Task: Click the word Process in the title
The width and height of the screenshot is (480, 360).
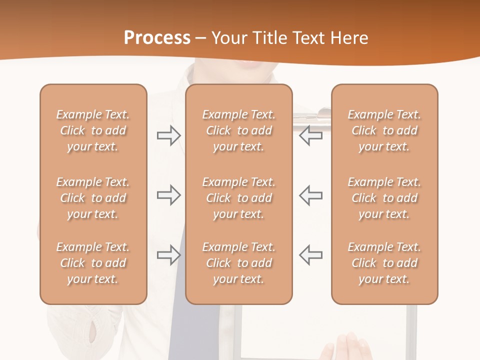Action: (x=157, y=38)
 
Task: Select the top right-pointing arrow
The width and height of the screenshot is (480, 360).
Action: (x=168, y=135)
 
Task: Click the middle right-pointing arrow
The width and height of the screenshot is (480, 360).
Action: (x=168, y=195)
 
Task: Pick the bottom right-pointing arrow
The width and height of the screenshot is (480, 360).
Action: (x=168, y=254)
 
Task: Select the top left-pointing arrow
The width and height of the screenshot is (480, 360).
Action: (x=311, y=135)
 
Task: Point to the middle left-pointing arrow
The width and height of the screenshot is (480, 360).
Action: (x=311, y=195)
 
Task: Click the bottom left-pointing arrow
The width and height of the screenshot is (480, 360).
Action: (x=311, y=254)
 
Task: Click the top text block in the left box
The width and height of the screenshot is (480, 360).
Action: (x=93, y=130)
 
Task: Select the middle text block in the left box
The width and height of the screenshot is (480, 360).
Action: (x=93, y=198)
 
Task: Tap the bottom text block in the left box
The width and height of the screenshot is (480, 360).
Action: (x=93, y=263)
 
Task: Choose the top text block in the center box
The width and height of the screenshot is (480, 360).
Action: (x=239, y=130)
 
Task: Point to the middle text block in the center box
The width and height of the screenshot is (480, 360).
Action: (x=239, y=198)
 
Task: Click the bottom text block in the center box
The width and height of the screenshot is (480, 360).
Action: (x=239, y=263)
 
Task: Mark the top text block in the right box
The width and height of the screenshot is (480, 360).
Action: (x=384, y=130)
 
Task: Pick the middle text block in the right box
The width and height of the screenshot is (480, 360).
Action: (x=384, y=198)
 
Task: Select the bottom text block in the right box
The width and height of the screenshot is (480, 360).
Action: (x=384, y=263)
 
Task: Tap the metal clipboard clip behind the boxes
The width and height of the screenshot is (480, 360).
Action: (x=312, y=118)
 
